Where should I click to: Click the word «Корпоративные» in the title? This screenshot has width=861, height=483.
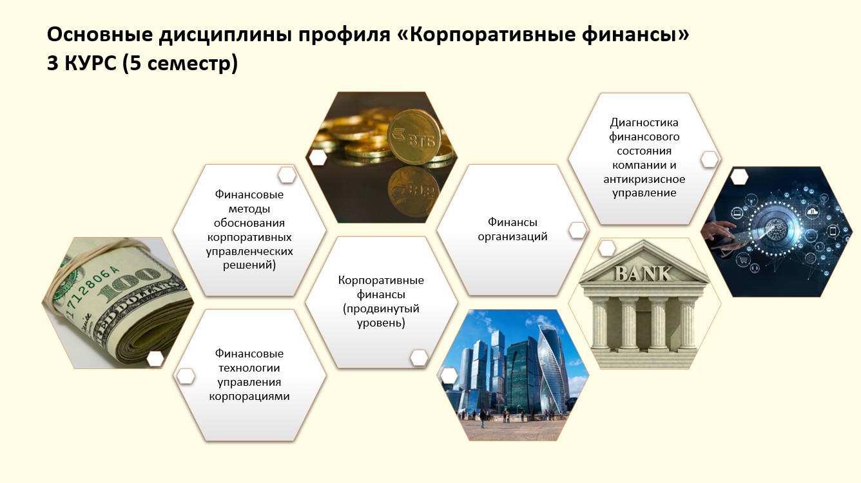click(486, 35)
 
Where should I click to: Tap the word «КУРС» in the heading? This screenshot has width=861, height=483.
click(90, 63)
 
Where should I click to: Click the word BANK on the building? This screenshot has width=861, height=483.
click(643, 274)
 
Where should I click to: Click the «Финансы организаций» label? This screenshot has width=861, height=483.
click(512, 229)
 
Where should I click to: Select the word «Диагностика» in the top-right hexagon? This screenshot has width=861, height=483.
click(644, 122)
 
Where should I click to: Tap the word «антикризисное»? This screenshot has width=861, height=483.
click(644, 179)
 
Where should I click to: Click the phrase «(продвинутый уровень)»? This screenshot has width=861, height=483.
click(381, 316)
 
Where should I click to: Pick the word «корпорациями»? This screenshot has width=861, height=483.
click(249, 397)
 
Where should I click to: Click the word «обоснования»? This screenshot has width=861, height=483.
click(249, 223)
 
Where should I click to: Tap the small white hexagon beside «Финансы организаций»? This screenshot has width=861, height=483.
click(577, 231)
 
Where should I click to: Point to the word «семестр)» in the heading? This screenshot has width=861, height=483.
click(192, 63)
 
